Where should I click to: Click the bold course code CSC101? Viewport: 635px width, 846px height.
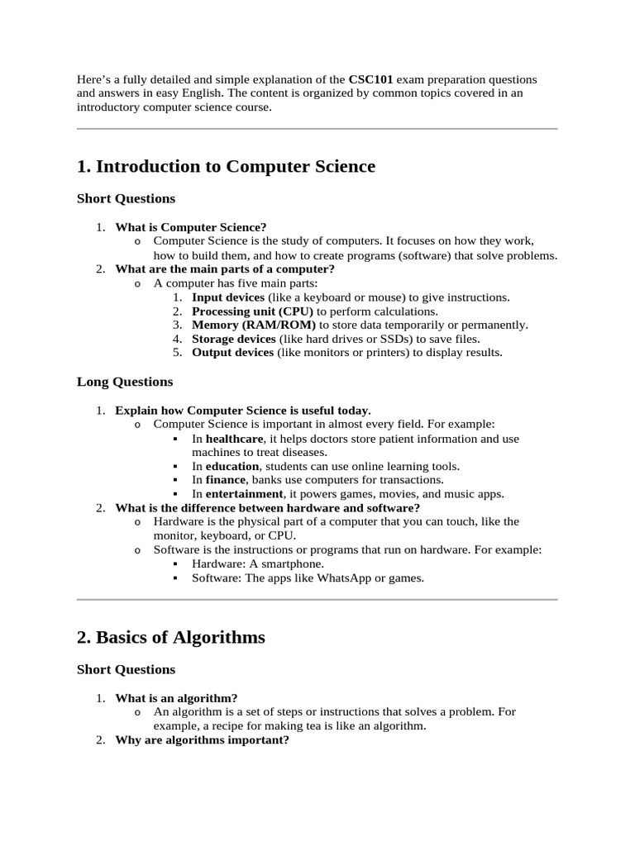[370, 79]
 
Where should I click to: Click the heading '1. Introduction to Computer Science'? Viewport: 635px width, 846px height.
[226, 166]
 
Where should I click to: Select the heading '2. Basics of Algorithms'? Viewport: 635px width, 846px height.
[170, 637]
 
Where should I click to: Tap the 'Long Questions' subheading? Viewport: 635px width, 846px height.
[125, 382]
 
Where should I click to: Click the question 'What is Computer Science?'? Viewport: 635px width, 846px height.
[191, 227]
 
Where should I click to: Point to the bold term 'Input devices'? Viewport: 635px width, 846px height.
[228, 297]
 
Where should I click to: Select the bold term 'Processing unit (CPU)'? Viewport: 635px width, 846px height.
[253, 311]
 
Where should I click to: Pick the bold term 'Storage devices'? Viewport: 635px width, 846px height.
[234, 339]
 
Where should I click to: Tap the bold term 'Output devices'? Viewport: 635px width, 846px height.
[232, 353]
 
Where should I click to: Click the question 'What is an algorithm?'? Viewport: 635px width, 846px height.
[176, 698]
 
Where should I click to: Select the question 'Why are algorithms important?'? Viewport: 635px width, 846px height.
[202, 740]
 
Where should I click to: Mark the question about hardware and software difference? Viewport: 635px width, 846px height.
[267, 508]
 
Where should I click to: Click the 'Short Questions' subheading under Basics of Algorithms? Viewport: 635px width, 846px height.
[126, 669]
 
